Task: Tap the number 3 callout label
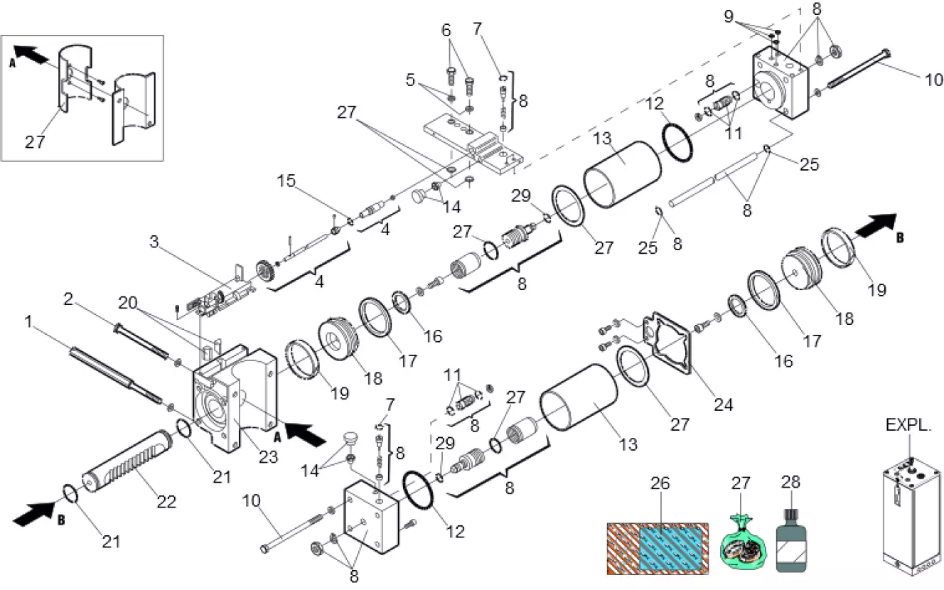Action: click(x=154, y=242)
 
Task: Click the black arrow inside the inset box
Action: click(x=28, y=52)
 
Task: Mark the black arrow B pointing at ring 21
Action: click(x=36, y=512)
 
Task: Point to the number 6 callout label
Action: click(x=446, y=31)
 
